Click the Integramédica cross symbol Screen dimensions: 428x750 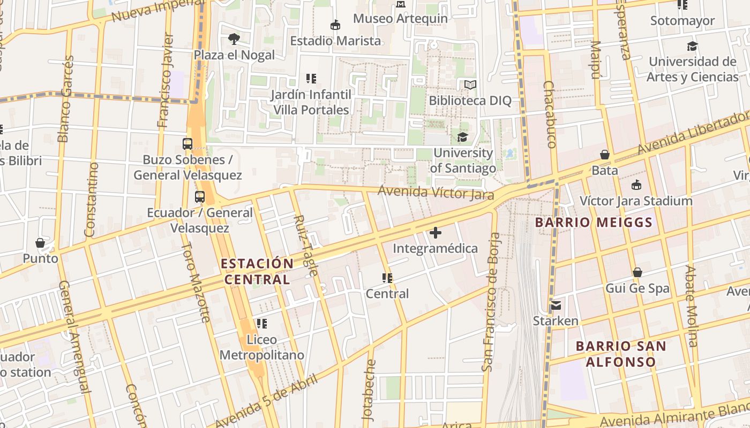(436, 233)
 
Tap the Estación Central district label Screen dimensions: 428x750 (257, 271)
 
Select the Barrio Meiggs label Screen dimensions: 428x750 (594, 223)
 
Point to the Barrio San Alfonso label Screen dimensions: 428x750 (621, 354)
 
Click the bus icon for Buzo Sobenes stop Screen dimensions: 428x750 (187, 143)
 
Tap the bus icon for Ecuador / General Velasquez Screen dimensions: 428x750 (200, 196)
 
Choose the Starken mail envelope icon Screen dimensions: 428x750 (556, 305)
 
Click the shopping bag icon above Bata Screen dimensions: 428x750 (605, 155)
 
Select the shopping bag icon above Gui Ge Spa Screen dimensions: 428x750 (637, 272)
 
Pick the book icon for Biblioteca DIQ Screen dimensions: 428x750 (470, 85)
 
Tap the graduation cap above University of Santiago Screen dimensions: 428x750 (462, 137)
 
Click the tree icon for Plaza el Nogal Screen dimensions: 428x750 (234, 39)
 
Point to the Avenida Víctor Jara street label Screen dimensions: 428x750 (436, 193)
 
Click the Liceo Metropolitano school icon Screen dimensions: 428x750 (261, 323)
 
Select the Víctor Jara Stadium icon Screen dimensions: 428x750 (636, 185)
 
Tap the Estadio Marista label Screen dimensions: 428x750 (335, 41)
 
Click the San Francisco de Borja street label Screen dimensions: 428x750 (491, 302)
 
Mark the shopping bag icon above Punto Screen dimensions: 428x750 (40, 243)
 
